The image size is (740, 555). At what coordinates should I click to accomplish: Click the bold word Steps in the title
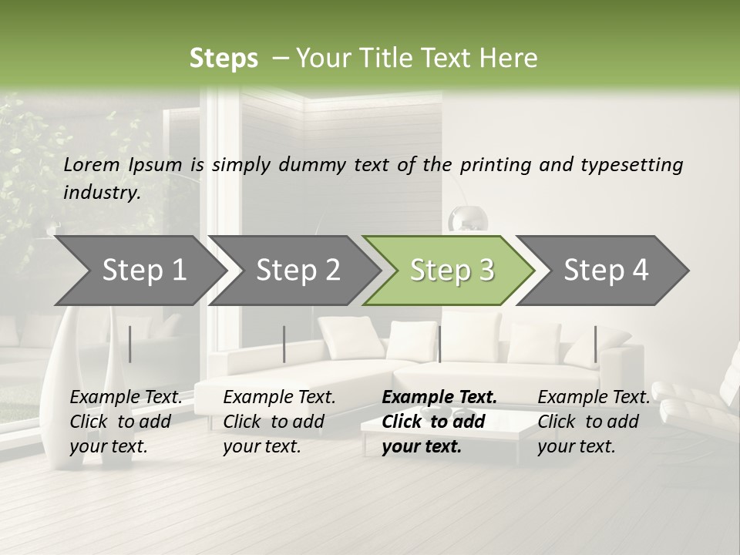(224, 59)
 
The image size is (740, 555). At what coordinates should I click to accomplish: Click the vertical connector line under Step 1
(130, 344)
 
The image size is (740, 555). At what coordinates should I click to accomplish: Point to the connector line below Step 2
(284, 344)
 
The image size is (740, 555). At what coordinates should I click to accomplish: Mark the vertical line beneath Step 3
(439, 344)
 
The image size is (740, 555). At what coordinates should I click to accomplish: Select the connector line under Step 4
(595, 344)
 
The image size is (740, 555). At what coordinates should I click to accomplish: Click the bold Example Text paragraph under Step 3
(438, 422)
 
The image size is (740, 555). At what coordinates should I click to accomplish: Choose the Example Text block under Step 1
(125, 422)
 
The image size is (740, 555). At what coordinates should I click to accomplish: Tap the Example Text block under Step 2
(278, 422)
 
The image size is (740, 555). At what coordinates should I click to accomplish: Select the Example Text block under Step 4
(593, 422)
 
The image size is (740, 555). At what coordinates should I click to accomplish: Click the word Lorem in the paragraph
(92, 164)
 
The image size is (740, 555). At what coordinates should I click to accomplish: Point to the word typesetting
(631, 165)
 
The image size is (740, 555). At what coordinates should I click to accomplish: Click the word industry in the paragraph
(101, 193)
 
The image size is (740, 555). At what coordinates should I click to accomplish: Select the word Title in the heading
(388, 59)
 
